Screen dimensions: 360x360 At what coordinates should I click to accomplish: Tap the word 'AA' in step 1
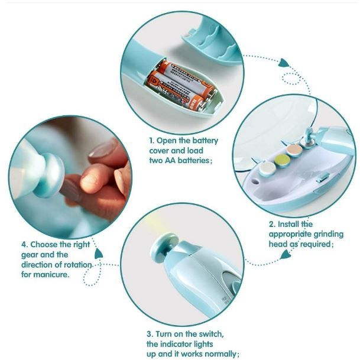pos(170,160)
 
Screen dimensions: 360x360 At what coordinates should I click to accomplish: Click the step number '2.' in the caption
pos(272,224)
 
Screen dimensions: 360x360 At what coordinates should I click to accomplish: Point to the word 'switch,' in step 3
pos(211,334)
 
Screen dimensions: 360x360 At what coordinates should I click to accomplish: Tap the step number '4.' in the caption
pos(25,244)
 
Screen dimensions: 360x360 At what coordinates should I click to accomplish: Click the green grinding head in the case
pos(282,160)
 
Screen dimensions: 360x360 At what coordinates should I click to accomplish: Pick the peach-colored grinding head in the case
pos(294,150)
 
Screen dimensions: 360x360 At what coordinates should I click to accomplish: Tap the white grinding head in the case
pos(267,169)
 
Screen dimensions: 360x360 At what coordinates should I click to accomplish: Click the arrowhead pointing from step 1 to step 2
pos(283,63)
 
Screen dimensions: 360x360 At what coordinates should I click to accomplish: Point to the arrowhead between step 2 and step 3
pos(286,254)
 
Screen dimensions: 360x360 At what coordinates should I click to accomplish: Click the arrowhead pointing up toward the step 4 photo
pos(99,254)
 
